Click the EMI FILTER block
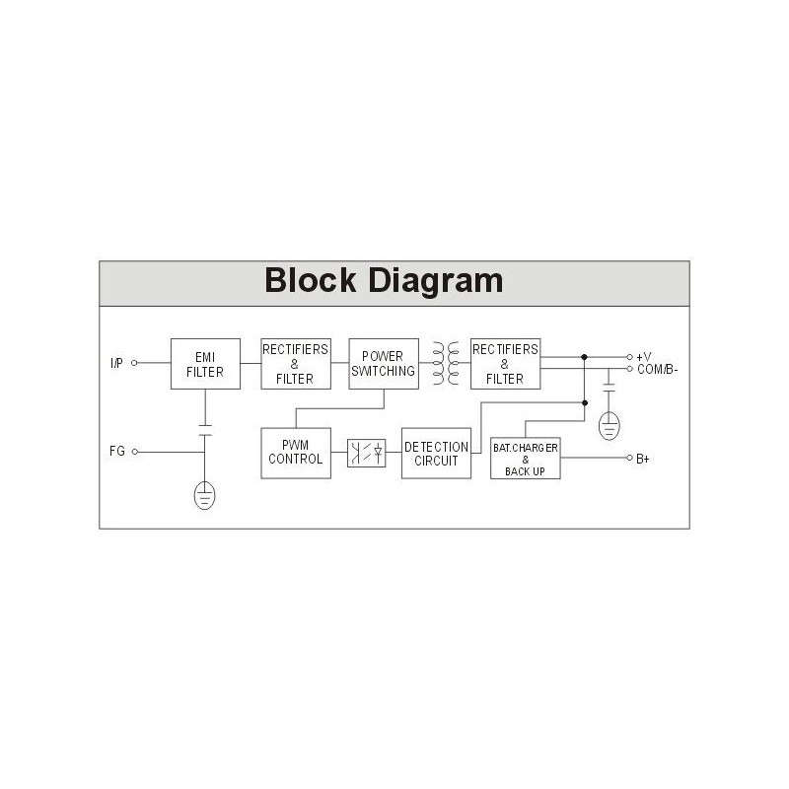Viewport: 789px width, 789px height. [x=205, y=364]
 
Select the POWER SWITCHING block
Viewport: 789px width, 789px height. [x=384, y=364]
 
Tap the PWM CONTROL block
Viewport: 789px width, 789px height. [x=296, y=453]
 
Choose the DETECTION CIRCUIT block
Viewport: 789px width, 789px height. [x=436, y=453]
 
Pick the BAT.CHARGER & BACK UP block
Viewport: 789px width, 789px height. [x=526, y=458]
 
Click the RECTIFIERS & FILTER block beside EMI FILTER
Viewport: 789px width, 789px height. [x=296, y=364]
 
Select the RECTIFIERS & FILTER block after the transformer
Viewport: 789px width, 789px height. [x=505, y=364]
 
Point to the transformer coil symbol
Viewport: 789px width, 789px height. [x=446, y=363]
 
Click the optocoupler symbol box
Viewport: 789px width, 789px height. [x=366, y=453]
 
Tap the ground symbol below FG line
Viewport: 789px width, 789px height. [x=204, y=495]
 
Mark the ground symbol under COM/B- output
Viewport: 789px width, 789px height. [x=609, y=426]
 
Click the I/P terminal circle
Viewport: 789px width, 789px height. [x=134, y=363]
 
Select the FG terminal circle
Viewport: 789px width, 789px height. [x=134, y=452]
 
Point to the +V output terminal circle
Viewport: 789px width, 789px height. [x=629, y=357]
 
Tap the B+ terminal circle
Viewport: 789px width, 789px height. [x=629, y=458]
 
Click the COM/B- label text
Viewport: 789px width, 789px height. [x=657, y=369]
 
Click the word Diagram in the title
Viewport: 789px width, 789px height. [x=436, y=281]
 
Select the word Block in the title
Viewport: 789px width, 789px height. [x=311, y=280]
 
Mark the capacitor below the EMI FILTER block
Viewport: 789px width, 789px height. [x=205, y=431]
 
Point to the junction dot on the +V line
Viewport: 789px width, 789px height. [x=584, y=357]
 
